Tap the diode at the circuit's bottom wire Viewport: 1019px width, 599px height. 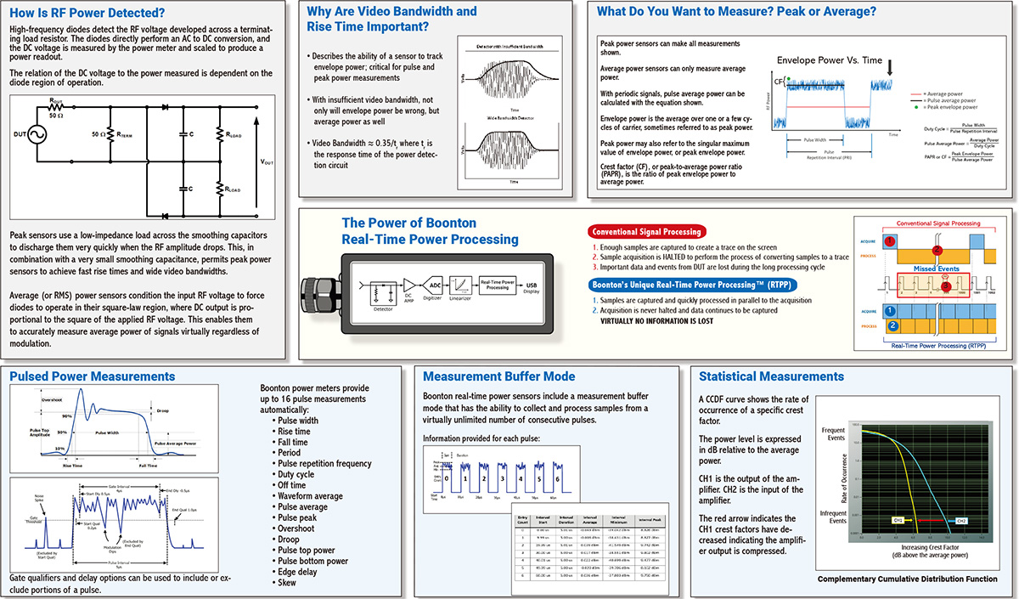[x=166, y=217]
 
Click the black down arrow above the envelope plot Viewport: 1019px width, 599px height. [x=889, y=66]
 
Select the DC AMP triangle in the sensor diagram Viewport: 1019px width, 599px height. [x=408, y=284]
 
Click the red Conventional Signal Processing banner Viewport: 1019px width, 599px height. [x=647, y=231]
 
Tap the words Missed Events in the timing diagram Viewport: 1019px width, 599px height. [x=935, y=268]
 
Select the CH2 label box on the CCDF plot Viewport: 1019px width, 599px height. [x=960, y=519]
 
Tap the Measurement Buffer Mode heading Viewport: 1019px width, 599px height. [x=498, y=376]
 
